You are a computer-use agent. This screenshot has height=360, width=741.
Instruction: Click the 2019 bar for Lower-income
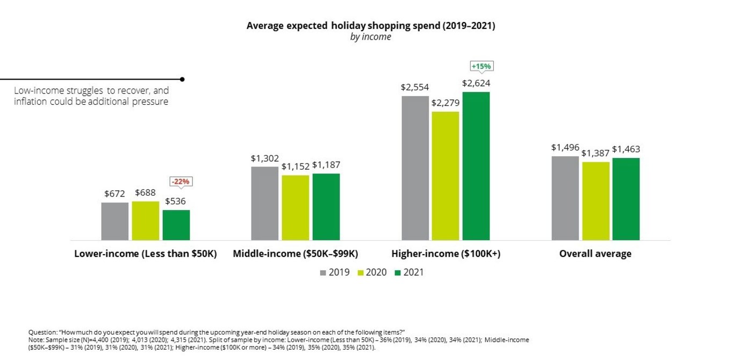115,221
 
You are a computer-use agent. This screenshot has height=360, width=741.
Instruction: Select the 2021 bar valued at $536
176,225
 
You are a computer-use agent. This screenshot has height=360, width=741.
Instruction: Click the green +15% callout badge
481,66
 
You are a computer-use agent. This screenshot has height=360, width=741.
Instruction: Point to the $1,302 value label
264,159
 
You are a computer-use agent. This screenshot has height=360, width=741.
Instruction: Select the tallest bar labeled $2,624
476,166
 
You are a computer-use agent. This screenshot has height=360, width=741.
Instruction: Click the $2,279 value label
445,103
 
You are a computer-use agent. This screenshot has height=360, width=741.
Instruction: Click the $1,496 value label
565,147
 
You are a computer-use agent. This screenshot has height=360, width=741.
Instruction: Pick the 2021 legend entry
409,272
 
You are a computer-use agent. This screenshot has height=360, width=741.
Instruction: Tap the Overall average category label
595,254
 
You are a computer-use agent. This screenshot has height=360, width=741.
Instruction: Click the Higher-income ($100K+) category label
445,254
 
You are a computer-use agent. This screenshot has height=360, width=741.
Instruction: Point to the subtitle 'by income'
370,37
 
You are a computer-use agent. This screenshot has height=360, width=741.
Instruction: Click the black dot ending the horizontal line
183,79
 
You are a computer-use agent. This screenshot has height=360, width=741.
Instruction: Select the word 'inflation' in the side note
30,102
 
